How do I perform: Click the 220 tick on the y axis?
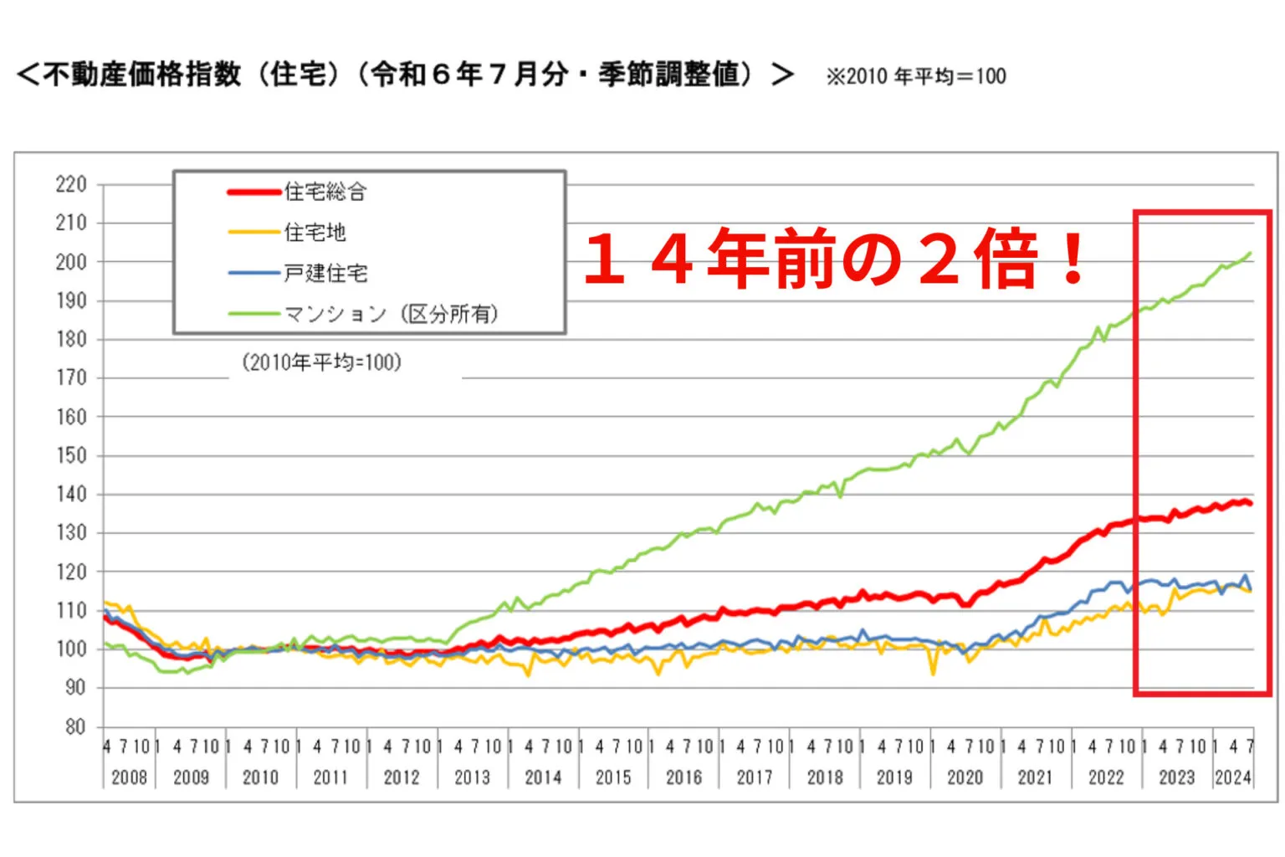point(71,184)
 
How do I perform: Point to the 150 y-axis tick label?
point(71,455)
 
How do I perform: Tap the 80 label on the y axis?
point(75,726)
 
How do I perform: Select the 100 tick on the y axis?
point(71,649)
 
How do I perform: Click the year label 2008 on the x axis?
point(129,777)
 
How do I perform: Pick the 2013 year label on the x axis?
point(472,777)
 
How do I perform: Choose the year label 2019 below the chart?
point(894,777)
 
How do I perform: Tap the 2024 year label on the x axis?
point(1233,777)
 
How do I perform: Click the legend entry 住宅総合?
point(325,192)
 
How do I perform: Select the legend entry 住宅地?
point(315,232)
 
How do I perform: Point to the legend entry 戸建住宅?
point(325,273)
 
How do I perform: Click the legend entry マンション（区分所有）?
point(391,314)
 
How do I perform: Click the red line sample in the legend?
point(254,192)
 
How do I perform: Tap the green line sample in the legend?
point(254,314)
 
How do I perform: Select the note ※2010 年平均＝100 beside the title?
point(915,76)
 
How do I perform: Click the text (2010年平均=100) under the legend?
point(322,362)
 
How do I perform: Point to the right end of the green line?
point(1251,253)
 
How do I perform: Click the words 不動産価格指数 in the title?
point(141,74)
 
